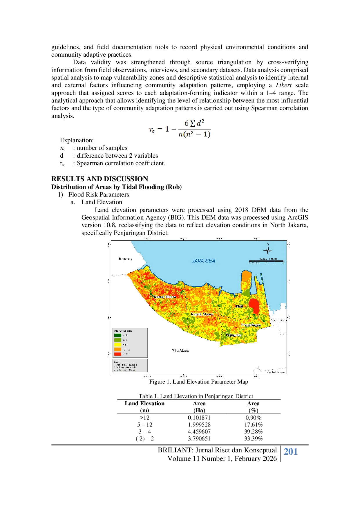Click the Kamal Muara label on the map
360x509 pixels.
pos(164,297)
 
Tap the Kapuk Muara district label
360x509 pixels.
pos(202,314)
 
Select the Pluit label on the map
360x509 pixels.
pos(239,306)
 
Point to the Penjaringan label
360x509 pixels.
pos(251,325)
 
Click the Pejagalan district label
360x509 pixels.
pos(234,335)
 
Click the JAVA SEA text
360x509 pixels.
pos(203,261)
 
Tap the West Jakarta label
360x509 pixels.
pos(180,350)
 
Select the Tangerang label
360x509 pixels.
pos(125,258)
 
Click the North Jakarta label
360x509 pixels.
pos(278,320)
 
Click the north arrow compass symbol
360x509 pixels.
pos(267,250)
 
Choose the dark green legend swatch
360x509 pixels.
pos(117,335)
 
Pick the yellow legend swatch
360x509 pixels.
pos(117,345)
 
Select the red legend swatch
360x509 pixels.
pos(117,354)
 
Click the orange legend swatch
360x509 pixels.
pos(117,349)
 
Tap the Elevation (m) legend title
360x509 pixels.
pos(123,331)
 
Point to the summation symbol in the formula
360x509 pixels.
pos(192,124)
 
